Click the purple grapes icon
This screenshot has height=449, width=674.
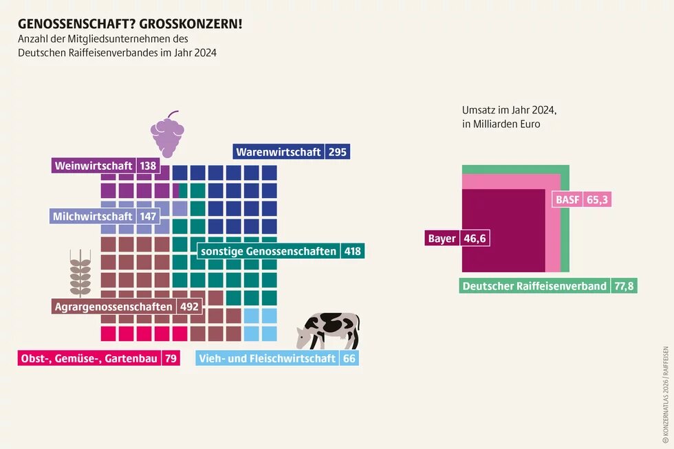point(167,134)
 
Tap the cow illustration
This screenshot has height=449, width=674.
point(329,331)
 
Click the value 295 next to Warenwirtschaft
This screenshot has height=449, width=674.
point(337,152)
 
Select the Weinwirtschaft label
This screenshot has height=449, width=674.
point(94,166)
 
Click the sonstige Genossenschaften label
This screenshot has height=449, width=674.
point(268,251)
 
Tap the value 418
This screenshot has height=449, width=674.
point(353,251)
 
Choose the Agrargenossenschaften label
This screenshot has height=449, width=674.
point(113,307)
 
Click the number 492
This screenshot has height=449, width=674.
point(189,307)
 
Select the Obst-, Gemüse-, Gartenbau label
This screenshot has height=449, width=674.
point(89,358)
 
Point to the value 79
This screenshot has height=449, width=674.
point(171,358)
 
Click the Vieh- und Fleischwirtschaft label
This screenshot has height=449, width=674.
point(267,358)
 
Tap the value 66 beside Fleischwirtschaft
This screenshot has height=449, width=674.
point(349,358)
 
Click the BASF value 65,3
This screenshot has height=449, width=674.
point(598,200)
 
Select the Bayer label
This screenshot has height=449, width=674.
point(442,239)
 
